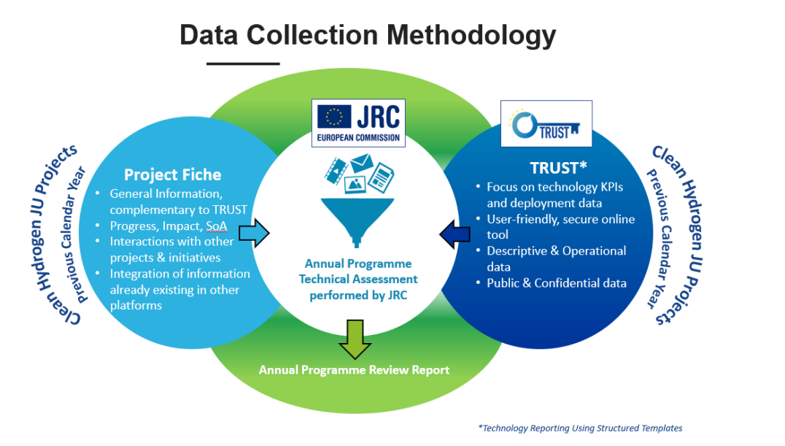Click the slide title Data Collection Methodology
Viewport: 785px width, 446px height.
[x=368, y=35]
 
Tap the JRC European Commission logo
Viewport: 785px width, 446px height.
[x=357, y=123]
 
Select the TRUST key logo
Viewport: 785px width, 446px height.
[x=546, y=124]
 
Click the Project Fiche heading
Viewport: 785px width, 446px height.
[x=172, y=174]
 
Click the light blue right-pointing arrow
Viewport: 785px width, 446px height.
[x=255, y=233]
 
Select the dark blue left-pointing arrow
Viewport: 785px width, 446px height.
[x=455, y=234]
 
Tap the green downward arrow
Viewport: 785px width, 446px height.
[x=355, y=339]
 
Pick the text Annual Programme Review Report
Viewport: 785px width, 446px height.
[x=354, y=370]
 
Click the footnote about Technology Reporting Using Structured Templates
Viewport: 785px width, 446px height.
[x=580, y=428]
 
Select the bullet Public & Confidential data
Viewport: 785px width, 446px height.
[x=557, y=283]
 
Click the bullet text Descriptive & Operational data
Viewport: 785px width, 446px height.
[x=556, y=258]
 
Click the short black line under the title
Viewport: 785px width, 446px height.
[x=243, y=64]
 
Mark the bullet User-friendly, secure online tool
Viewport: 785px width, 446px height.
[x=560, y=226]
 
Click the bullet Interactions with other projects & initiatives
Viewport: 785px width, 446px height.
[x=171, y=250]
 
